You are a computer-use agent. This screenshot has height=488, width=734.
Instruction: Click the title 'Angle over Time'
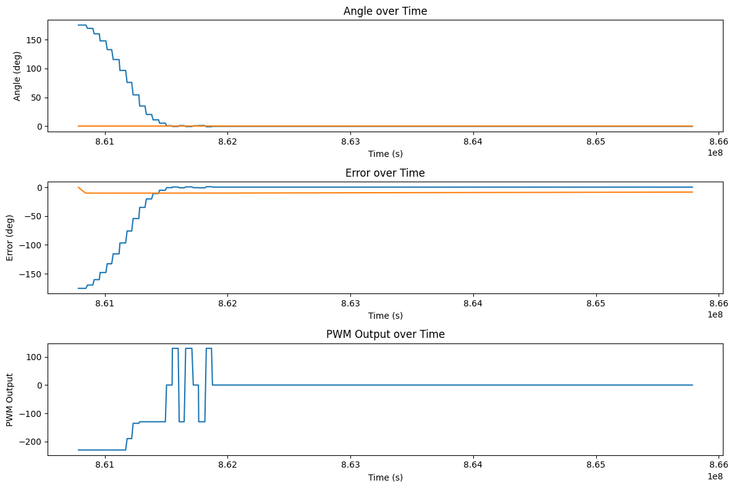pyautogui.click(x=385, y=11)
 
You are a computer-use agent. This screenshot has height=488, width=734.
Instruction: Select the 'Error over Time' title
pyautogui.click(x=385, y=173)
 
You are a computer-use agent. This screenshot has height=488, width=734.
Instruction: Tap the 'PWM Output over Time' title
pyautogui.click(x=385, y=334)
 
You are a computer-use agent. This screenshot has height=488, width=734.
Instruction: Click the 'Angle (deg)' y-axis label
pyautogui.click(x=17, y=75)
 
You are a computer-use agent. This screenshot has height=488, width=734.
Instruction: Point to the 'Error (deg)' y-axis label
pyautogui.click(x=10, y=238)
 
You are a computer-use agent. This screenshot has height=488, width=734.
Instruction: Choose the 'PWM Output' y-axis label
pyautogui.click(x=10, y=400)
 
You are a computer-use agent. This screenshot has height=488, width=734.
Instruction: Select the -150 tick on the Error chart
pyautogui.click(x=29, y=274)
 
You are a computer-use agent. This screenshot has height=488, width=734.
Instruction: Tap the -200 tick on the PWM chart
pyautogui.click(x=29, y=442)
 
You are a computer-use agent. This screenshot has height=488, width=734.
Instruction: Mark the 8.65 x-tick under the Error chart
pyautogui.click(x=596, y=305)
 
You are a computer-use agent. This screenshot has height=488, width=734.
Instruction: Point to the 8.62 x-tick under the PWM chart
pyautogui.click(x=227, y=466)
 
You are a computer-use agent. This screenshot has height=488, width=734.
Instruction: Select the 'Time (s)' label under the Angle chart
pyautogui.click(x=385, y=154)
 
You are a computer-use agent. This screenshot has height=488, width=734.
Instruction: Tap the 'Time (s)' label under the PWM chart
pyautogui.click(x=385, y=477)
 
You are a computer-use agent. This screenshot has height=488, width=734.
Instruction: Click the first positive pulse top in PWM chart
pyautogui.click(x=175, y=349)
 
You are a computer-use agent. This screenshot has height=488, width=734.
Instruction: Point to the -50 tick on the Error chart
pyautogui.click(x=32, y=216)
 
